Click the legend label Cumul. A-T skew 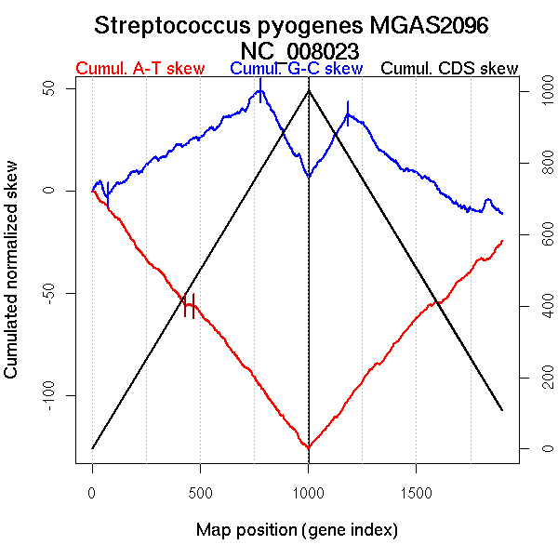point(139,69)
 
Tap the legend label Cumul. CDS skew point(450,69)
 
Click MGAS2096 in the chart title point(437,26)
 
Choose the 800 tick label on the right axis point(542,163)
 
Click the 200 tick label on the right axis point(542,377)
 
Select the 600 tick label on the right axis point(542,234)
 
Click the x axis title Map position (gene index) point(297,530)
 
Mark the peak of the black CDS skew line point(309,90)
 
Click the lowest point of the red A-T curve point(308,448)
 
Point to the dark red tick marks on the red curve point(189,304)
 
